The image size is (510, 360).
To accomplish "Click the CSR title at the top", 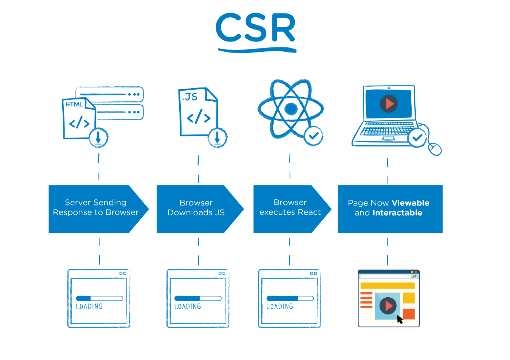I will pyautogui.click(x=255, y=28).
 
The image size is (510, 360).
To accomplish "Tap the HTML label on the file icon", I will pyautogui.click(x=74, y=104).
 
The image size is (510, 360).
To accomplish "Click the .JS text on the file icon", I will pyautogui.click(x=190, y=97).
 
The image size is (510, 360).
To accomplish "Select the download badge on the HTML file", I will pyautogui.click(x=98, y=138).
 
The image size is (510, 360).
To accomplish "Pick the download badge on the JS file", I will pyautogui.click(x=217, y=138).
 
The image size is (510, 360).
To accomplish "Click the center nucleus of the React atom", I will pyautogui.click(x=291, y=108).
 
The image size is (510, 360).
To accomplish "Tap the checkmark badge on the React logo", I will pyautogui.click(x=313, y=136).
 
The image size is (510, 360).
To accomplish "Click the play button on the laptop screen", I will pyautogui.click(x=389, y=104).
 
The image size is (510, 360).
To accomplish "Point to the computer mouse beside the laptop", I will pyautogui.click(x=435, y=149).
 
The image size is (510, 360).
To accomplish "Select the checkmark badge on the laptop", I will pyautogui.click(x=417, y=138).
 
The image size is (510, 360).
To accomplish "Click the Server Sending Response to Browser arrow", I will pyautogui.click(x=95, y=208).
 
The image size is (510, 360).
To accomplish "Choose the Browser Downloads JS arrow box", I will pyautogui.click(x=196, y=208).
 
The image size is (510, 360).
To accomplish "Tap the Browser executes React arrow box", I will pyautogui.click(x=290, y=208).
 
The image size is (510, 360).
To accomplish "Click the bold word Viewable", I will pyautogui.click(x=411, y=203).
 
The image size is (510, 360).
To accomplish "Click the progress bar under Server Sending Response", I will pyautogui.click(x=99, y=298).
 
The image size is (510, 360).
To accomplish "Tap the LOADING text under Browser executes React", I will pyautogui.click(x=280, y=307).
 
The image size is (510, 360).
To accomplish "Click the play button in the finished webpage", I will pyautogui.click(x=388, y=306).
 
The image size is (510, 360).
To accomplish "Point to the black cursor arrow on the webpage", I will pyautogui.click(x=400, y=320).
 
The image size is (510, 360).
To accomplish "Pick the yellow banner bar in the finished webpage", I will pyautogui.click(x=387, y=286).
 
